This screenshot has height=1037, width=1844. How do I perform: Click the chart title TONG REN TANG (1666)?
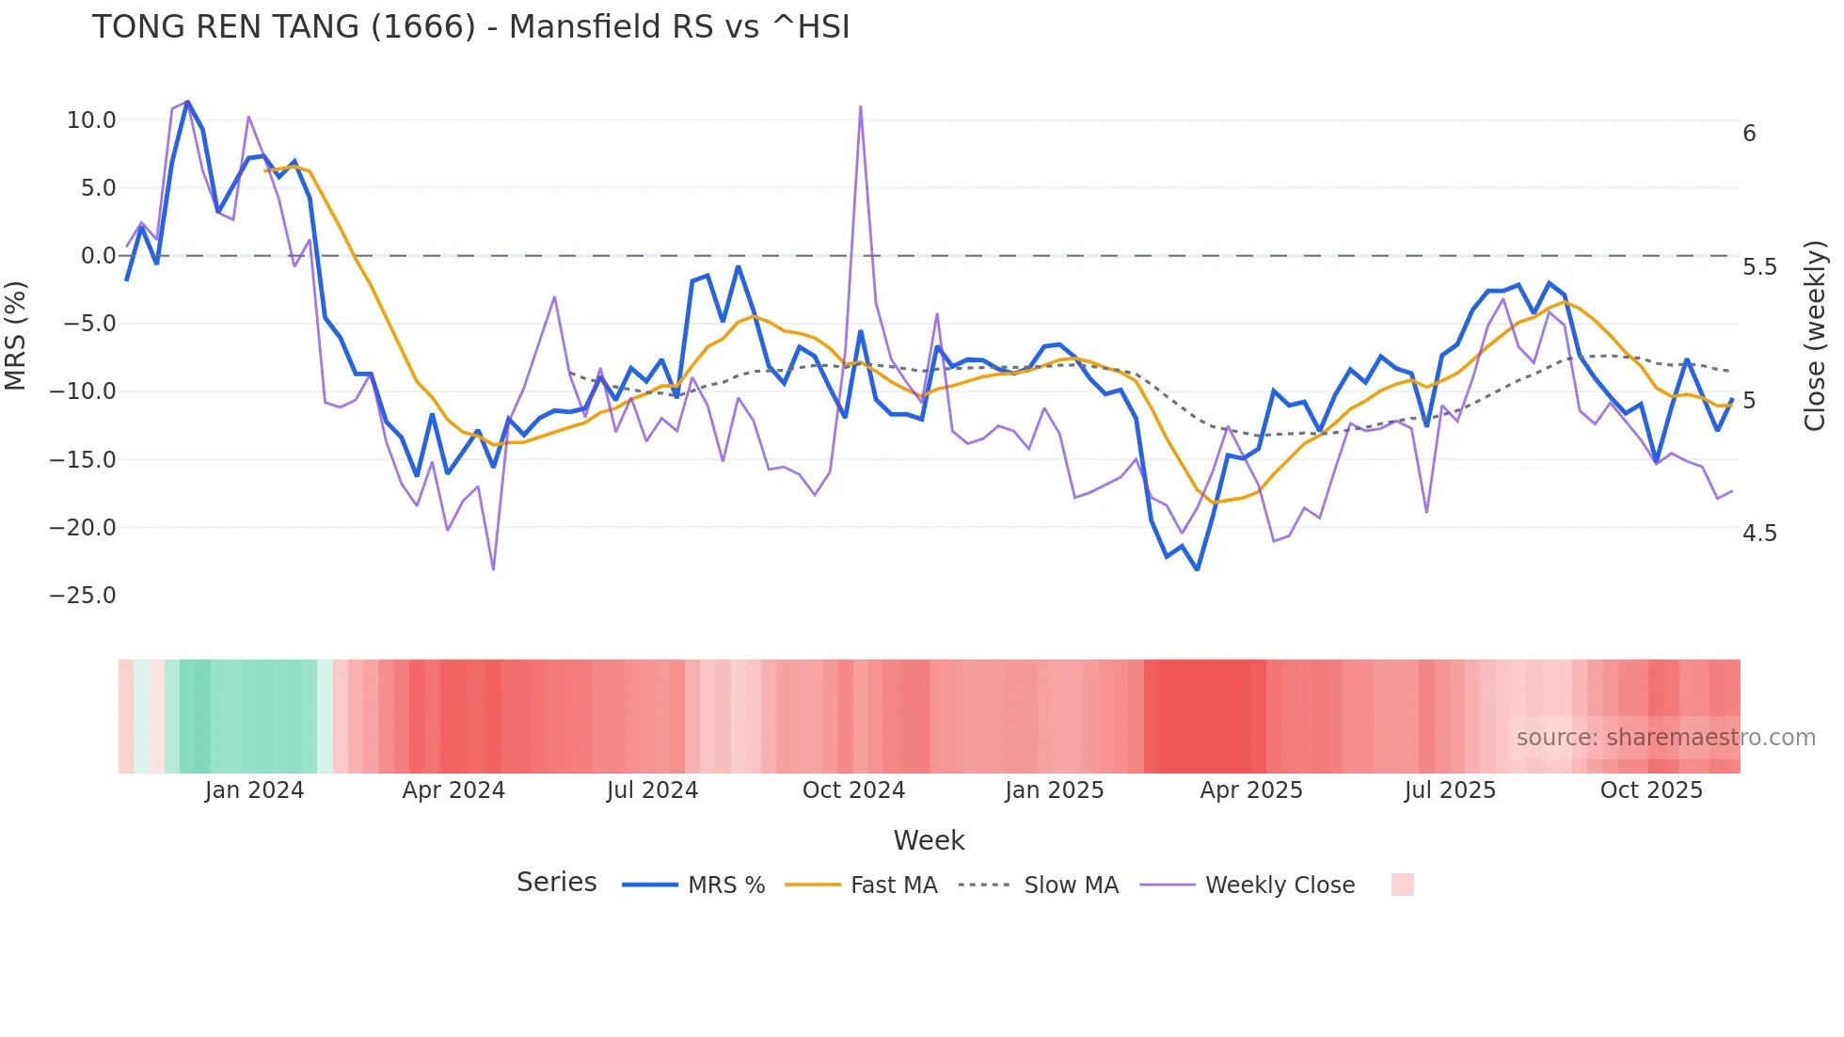click(x=470, y=26)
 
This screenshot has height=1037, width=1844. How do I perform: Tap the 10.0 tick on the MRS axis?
click(x=91, y=120)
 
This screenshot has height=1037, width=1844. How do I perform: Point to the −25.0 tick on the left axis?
click(x=83, y=596)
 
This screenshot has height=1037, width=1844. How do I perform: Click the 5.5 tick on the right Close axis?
click(x=1759, y=267)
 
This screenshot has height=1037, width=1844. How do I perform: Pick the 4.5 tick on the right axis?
click(x=1759, y=534)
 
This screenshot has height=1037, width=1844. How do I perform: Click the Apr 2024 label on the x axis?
click(x=453, y=790)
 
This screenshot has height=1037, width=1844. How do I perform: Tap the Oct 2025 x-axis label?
click(x=1651, y=790)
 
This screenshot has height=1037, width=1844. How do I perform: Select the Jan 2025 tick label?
click(x=1054, y=790)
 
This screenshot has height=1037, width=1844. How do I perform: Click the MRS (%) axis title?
click(x=16, y=335)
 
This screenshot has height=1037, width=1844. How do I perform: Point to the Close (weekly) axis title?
click(x=1815, y=335)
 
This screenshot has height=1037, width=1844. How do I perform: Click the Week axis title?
click(x=929, y=840)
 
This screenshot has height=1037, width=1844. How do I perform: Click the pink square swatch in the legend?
click(x=1402, y=885)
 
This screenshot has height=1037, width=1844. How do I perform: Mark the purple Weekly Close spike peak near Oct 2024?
click(x=860, y=107)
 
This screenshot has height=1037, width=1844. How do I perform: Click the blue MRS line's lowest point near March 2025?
click(x=1197, y=569)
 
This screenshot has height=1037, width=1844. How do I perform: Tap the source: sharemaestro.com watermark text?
click(x=1665, y=738)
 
